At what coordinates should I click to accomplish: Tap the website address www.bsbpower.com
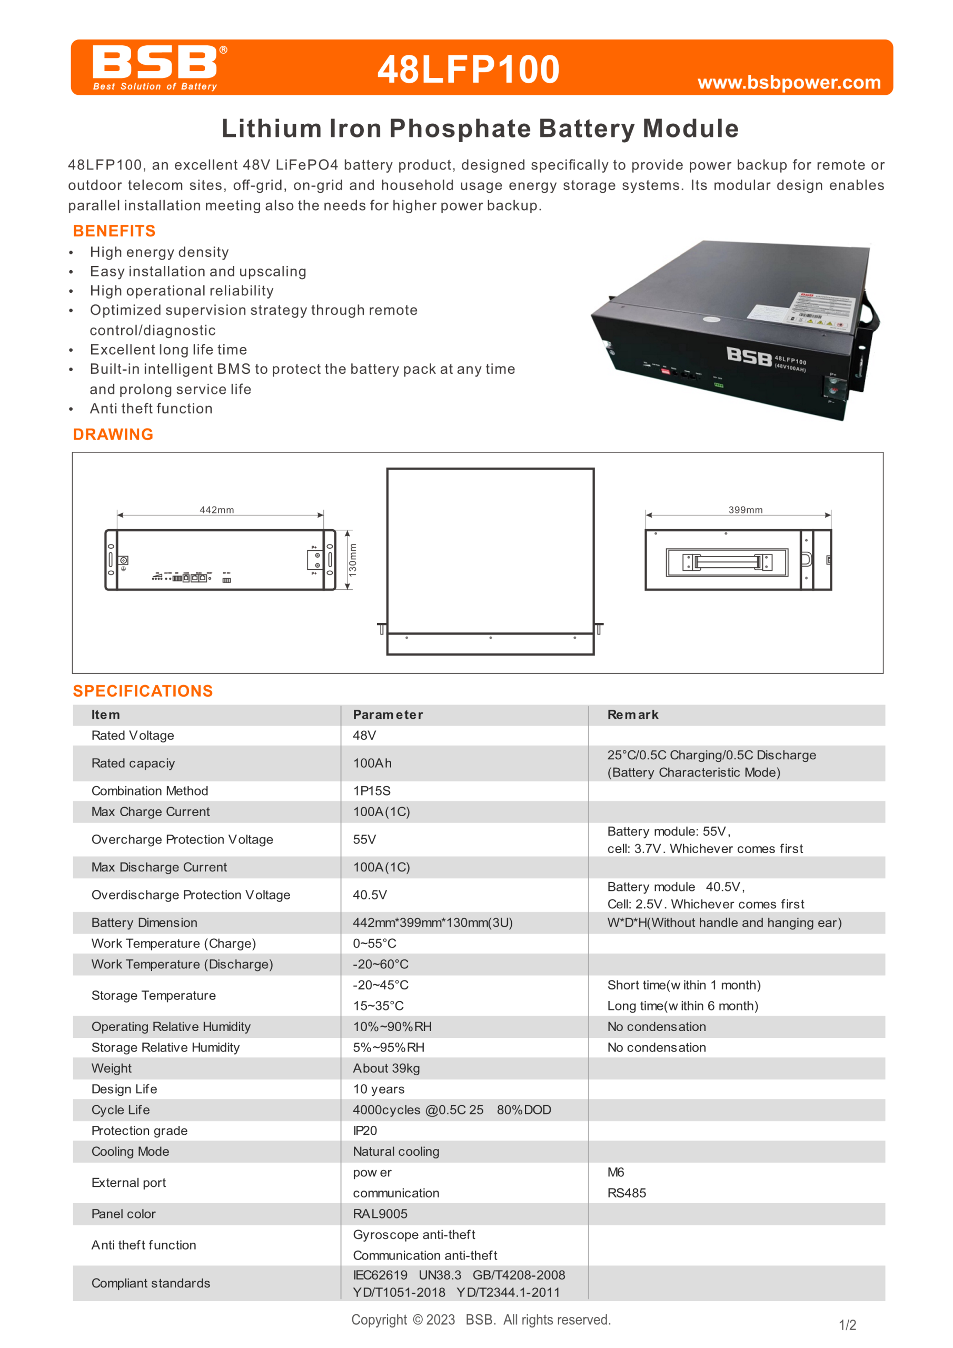pyautogui.click(x=789, y=82)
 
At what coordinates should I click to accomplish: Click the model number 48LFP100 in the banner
pyautogui.click(x=468, y=70)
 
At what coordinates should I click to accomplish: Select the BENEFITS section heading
pyautogui.click(x=114, y=231)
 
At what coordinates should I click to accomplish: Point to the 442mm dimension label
pyautogui.click(x=217, y=510)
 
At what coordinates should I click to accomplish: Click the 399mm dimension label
pyautogui.click(x=746, y=510)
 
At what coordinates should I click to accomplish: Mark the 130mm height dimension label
pyautogui.click(x=352, y=560)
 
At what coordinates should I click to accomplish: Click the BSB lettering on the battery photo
pyautogui.click(x=749, y=356)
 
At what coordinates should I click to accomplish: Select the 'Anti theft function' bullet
pyautogui.click(x=151, y=409)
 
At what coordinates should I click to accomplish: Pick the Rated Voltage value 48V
pyautogui.click(x=365, y=735)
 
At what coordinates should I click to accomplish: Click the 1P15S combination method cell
pyautogui.click(x=372, y=791)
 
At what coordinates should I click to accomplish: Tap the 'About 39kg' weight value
pyautogui.click(x=386, y=1068)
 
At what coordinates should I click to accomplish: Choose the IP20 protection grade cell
pyautogui.click(x=365, y=1130)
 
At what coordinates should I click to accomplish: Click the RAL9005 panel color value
pyautogui.click(x=380, y=1214)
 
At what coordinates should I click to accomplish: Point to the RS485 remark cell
pyautogui.click(x=627, y=1193)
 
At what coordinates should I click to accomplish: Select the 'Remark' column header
pyautogui.click(x=633, y=715)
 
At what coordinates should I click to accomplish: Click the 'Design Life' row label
pyautogui.click(x=124, y=1089)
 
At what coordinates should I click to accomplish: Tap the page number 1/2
pyautogui.click(x=847, y=1325)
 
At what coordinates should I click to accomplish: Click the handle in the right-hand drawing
pyautogui.click(x=727, y=562)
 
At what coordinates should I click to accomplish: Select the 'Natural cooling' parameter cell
pyautogui.click(x=396, y=1151)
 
